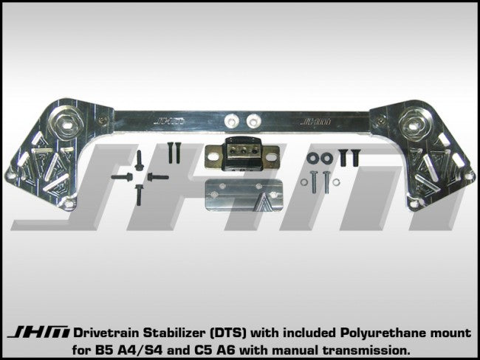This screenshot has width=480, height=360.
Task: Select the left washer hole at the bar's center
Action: [232, 118]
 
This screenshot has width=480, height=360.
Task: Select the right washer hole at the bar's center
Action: [253, 118]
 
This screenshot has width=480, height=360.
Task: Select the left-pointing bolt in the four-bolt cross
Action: [120, 177]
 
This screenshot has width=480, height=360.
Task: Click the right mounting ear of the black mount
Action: [270, 155]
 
